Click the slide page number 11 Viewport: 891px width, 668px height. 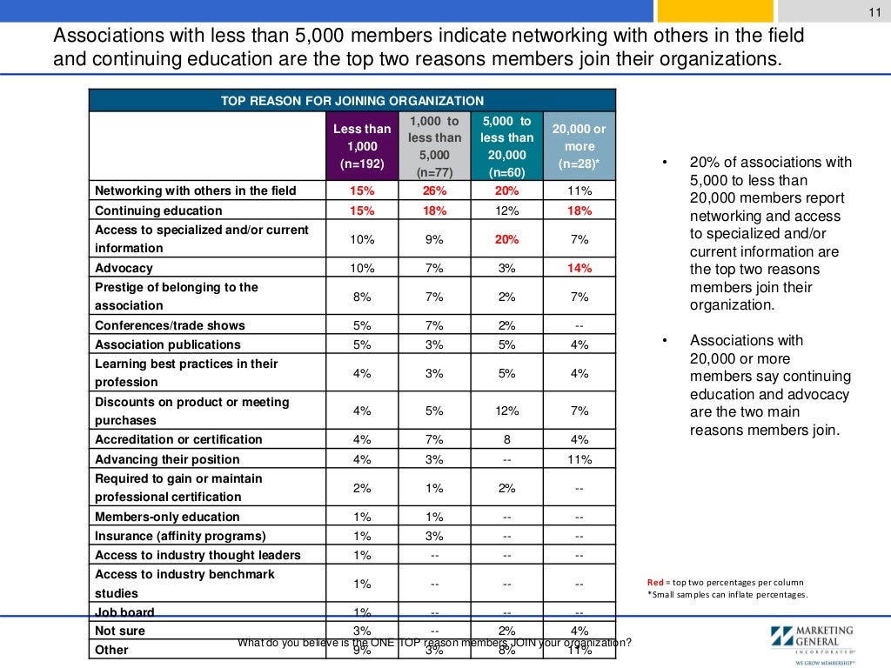tap(876, 10)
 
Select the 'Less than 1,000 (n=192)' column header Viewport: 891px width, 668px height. tap(362, 146)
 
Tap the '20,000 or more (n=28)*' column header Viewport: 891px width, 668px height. tap(579, 146)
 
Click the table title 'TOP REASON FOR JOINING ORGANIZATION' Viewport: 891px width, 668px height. tap(352, 101)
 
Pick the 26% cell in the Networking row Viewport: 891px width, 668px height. tap(434, 191)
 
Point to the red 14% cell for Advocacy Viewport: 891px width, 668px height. tap(579, 268)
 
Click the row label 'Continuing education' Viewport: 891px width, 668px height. tap(158, 210)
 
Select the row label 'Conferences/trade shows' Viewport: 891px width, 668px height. tap(170, 325)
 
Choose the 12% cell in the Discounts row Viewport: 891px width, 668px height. tap(507, 411)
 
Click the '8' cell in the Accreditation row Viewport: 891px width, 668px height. tap(507, 439)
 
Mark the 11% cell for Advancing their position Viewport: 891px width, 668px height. tap(579, 459)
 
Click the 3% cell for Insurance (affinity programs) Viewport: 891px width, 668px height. tap(434, 536)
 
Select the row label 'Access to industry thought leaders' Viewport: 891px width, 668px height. tap(198, 555)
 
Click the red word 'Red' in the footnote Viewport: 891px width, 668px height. tap(655, 582)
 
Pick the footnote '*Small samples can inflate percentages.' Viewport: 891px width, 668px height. tap(727, 595)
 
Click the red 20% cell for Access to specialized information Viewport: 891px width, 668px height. tap(507, 239)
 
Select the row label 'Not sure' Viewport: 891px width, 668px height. tap(120, 631)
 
